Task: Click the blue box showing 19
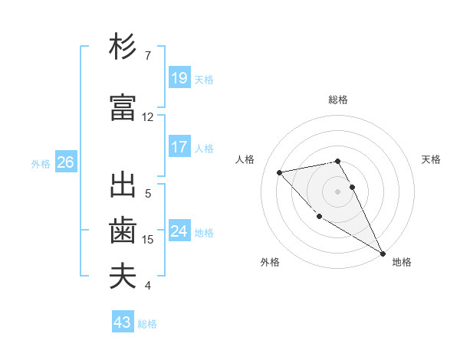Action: pos(179,77)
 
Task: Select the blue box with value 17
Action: pos(179,147)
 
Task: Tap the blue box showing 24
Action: pos(179,231)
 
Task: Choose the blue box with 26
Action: pos(65,162)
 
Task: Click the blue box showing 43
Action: pos(123,322)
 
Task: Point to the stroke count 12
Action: pos(148,117)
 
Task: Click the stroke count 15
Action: pos(148,239)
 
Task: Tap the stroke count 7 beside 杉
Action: pos(148,56)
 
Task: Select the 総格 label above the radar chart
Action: pos(337,100)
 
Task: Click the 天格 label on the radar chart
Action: pos(432,159)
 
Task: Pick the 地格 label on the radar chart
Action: pos(402,262)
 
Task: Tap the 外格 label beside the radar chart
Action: pos(270,262)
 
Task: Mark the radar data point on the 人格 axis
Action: pos(280,172)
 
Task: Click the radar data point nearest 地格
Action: pos(383,254)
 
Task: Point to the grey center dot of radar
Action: pos(337,191)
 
